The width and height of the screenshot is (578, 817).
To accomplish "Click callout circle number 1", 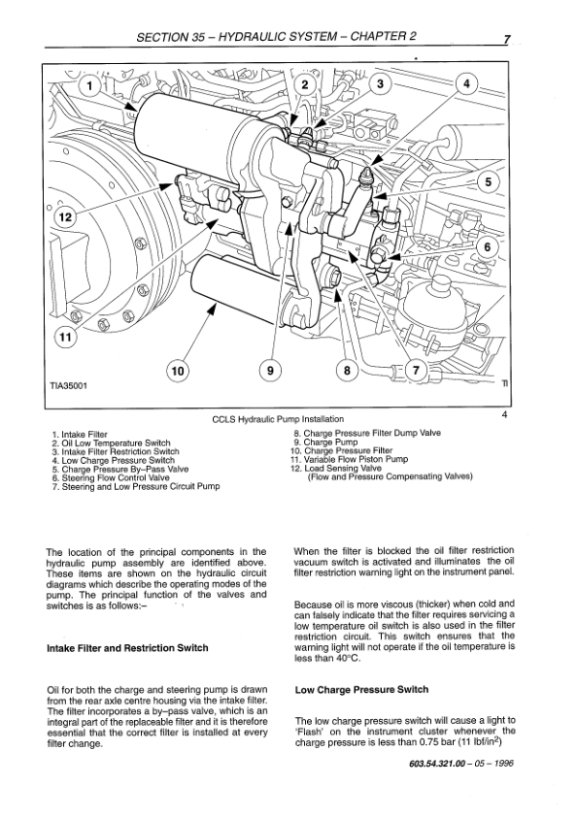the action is click(x=90, y=86).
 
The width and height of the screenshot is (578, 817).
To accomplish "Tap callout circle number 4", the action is click(x=466, y=83).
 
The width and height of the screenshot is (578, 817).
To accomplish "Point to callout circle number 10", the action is click(x=178, y=371).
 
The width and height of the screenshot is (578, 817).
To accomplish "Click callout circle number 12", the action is click(x=65, y=216).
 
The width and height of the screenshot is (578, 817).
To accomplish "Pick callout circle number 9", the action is click(x=270, y=371).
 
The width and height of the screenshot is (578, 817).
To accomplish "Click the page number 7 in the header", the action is click(x=506, y=40).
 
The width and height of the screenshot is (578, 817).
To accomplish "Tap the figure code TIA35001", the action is click(x=68, y=386).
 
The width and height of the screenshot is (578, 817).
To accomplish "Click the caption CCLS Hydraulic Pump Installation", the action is click(x=278, y=419).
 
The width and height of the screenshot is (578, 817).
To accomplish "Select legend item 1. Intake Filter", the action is click(x=80, y=434).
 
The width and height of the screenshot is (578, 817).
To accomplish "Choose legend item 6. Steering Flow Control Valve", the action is click(x=111, y=477).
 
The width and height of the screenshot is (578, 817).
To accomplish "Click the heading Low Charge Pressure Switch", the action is click(x=361, y=690).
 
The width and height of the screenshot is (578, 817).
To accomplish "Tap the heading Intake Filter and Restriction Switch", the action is click(x=127, y=648).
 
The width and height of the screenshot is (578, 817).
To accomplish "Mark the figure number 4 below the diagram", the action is click(x=504, y=414).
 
